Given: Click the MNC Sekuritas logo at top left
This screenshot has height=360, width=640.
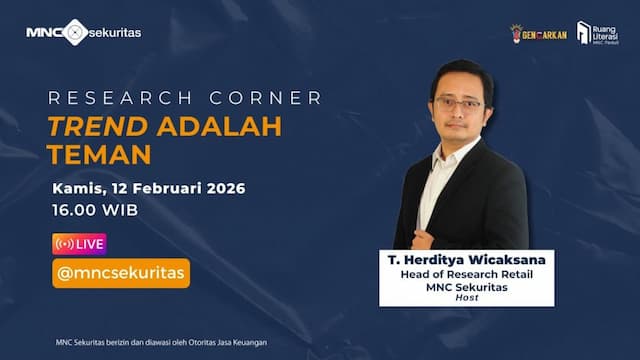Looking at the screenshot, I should tap(83, 32).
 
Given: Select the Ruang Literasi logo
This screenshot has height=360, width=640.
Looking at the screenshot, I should tap(597, 33).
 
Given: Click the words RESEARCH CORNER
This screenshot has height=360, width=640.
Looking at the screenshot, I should tap(186, 98).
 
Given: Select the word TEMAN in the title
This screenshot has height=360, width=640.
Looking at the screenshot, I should tap(101, 156).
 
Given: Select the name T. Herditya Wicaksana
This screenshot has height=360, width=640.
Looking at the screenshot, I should tap(466, 260).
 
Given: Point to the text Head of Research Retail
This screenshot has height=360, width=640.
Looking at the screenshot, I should tap(466, 275).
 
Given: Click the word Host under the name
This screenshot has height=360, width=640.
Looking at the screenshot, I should tap(466, 298).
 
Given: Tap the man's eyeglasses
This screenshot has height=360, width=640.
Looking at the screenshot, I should tap(459, 103).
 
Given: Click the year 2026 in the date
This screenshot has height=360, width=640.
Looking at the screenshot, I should tap(224, 189).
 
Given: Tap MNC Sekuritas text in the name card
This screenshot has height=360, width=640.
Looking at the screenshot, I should tap(466, 287).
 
